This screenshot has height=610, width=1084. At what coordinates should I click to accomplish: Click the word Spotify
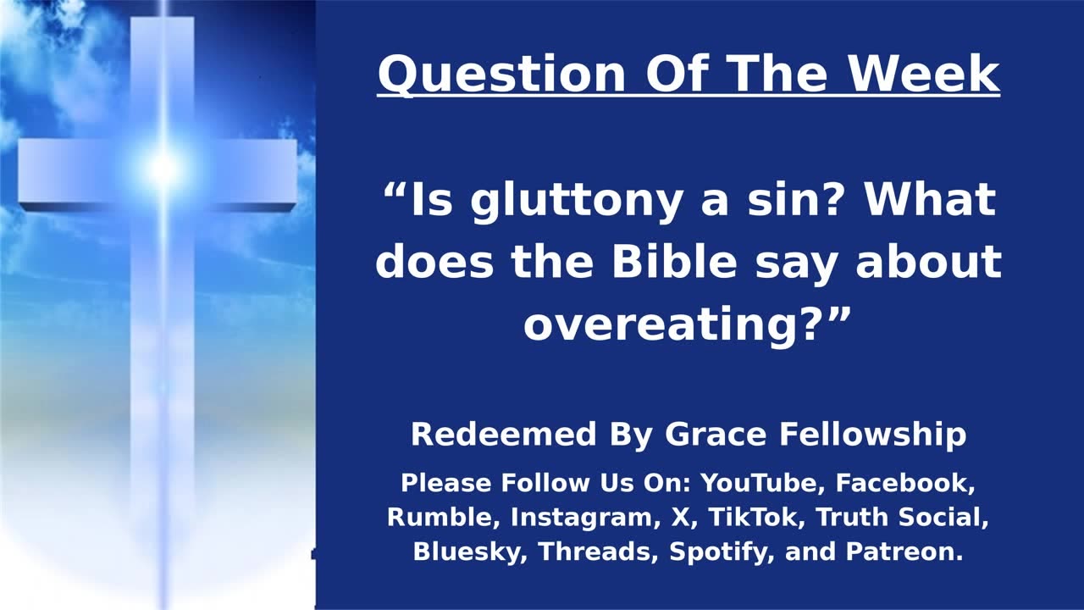720,552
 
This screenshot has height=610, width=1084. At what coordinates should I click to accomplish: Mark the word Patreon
904,552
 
